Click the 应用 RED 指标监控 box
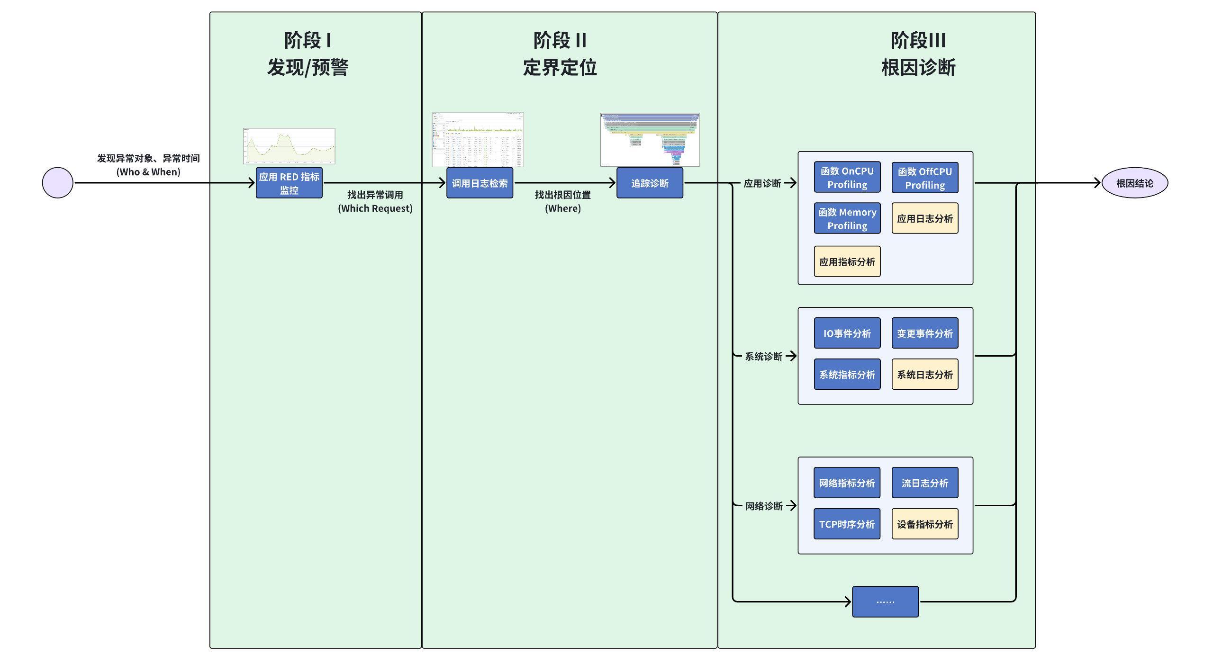pyautogui.click(x=289, y=183)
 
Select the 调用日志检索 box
pyautogui.click(x=480, y=183)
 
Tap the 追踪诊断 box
pyautogui.click(x=650, y=183)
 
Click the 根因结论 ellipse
pyautogui.click(x=1134, y=183)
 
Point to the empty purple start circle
pyautogui.click(x=58, y=183)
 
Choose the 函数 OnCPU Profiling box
pyautogui.click(x=847, y=177)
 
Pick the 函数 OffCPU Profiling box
pyautogui.click(x=925, y=178)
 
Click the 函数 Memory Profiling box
pyautogui.click(x=847, y=218)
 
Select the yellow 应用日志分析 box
pyautogui.click(x=925, y=218)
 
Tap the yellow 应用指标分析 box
pyautogui.click(x=847, y=261)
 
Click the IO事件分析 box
pyautogui.click(x=847, y=333)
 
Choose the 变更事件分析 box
pyautogui.click(x=925, y=333)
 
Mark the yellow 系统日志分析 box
pyautogui.click(x=925, y=374)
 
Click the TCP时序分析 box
pyautogui.click(x=847, y=524)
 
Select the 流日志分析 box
pyautogui.click(x=925, y=483)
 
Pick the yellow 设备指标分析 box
pyautogui.click(x=925, y=524)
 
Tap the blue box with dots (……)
pyautogui.click(x=885, y=601)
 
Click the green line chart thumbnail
pyautogui.click(x=289, y=146)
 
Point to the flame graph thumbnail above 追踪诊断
pyautogui.click(x=650, y=140)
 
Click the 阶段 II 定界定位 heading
pyautogui.click(x=560, y=54)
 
